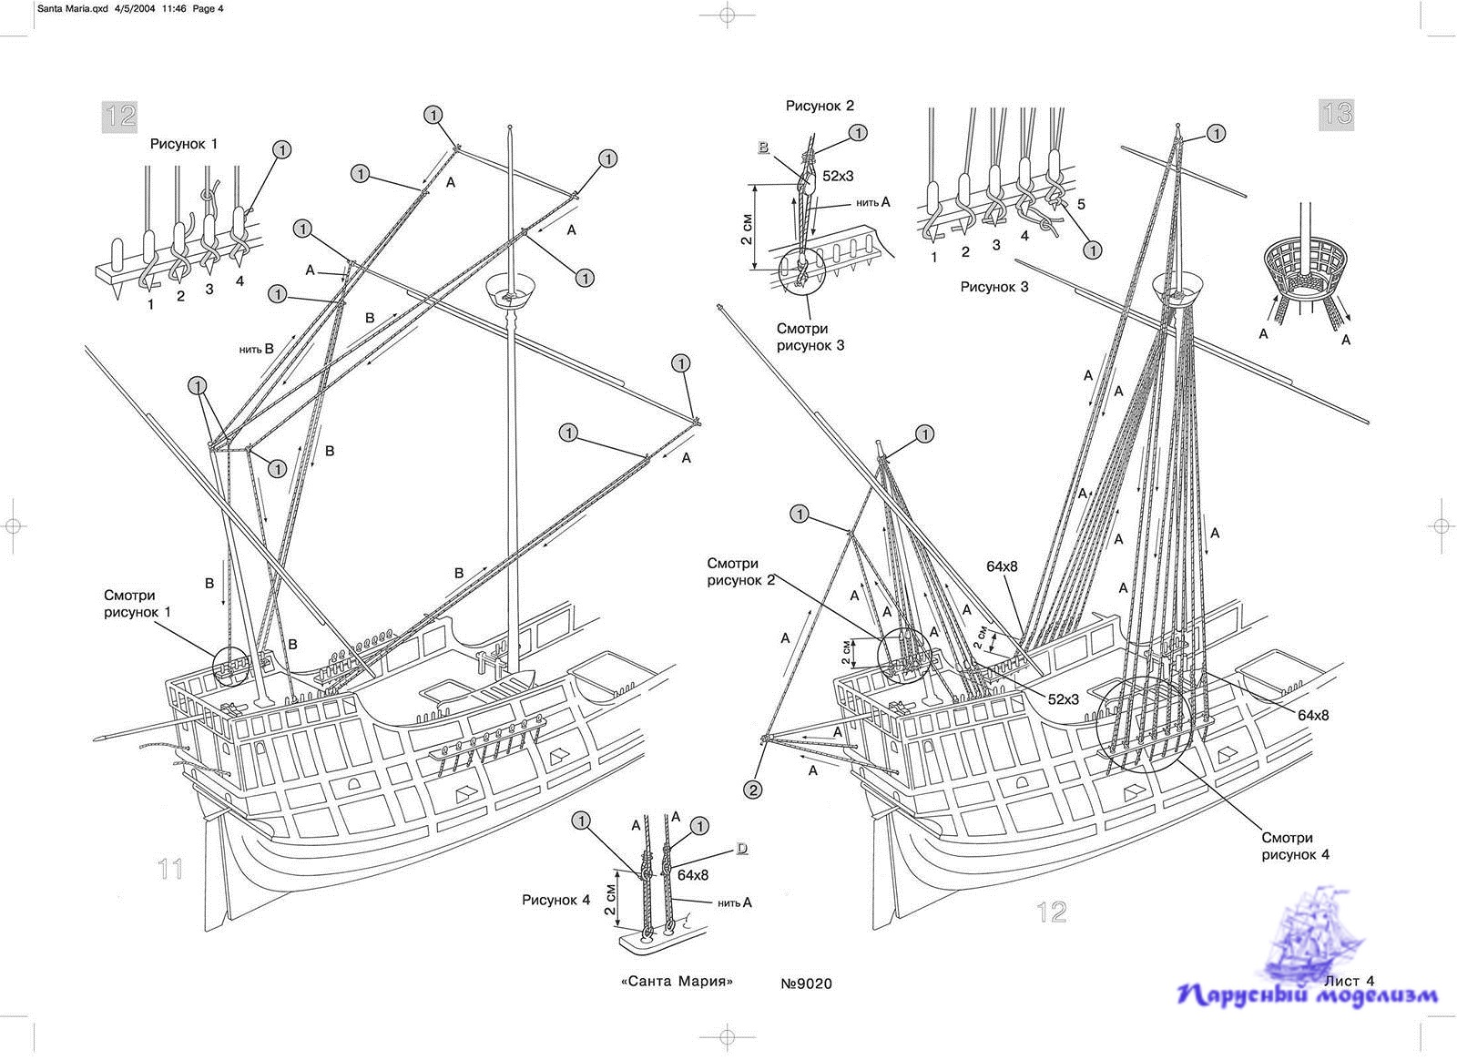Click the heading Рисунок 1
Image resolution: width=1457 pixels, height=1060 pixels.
[184, 144]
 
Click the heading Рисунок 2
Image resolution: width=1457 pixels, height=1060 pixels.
[820, 106]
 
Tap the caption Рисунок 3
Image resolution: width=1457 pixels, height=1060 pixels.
[994, 287]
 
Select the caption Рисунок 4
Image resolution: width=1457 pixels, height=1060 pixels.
[555, 901]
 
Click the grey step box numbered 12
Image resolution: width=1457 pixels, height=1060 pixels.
[120, 115]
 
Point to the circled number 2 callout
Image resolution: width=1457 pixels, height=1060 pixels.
[752, 790]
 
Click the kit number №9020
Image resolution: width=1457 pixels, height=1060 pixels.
[806, 984]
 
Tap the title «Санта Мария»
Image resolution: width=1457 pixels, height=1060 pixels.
[677, 982]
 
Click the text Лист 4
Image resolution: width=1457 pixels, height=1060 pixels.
[1348, 981]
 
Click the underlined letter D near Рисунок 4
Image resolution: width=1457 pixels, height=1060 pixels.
[742, 849]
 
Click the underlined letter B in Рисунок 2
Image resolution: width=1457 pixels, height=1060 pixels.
[763, 147]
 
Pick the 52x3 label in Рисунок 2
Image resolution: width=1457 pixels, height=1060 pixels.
[837, 176]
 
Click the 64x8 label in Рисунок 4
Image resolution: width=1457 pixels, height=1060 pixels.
[693, 875]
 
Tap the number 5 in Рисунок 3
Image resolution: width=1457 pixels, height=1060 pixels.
[1081, 204]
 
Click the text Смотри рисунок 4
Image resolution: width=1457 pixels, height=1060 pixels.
[1287, 846]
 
